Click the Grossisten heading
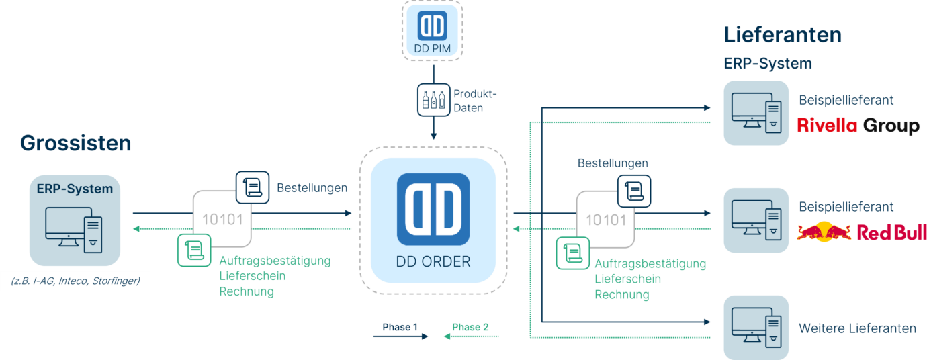click(x=75, y=143)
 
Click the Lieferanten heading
click(x=783, y=35)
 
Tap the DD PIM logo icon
click(x=433, y=25)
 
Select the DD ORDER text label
click(x=433, y=262)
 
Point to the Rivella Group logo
click(x=858, y=126)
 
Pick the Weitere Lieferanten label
click(x=857, y=328)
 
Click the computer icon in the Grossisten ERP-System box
click(x=73, y=228)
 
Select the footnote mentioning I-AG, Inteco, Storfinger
click(x=75, y=280)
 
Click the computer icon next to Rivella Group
click(x=756, y=112)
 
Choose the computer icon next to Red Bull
click(x=756, y=220)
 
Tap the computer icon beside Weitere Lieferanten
click(x=756, y=326)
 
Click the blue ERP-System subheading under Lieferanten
click(x=768, y=64)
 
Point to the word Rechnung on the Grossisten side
click(x=247, y=291)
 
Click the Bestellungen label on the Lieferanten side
click(x=613, y=163)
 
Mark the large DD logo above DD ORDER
click(x=433, y=209)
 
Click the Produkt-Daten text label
click(x=468, y=100)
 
